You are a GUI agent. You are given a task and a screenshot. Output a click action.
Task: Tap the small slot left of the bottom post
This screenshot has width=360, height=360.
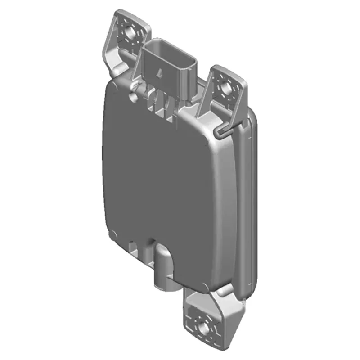click(134, 247)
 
